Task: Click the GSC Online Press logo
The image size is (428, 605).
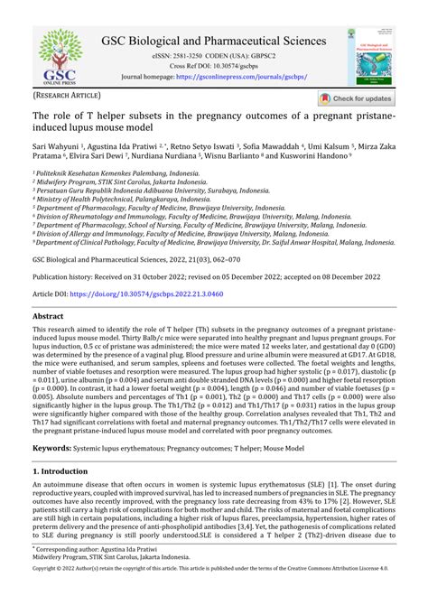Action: click(x=53, y=56)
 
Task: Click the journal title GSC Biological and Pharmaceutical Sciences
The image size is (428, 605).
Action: click(x=214, y=41)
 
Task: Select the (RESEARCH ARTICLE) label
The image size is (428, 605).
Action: click(x=68, y=95)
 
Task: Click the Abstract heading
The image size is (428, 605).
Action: click(x=48, y=317)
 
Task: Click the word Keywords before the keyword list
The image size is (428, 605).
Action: click(x=52, y=448)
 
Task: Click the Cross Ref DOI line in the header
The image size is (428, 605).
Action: click(x=213, y=66)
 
